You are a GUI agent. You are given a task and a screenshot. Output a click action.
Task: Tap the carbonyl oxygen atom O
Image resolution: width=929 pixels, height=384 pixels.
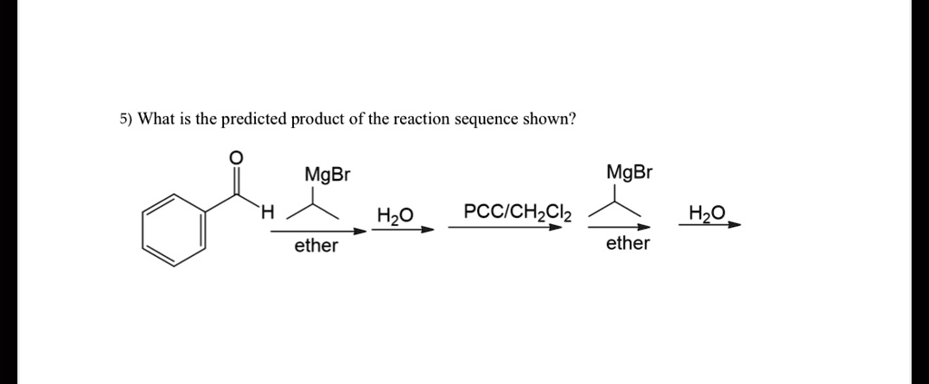tap(236, 156)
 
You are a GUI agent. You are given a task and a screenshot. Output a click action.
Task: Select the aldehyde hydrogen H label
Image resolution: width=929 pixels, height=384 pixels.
tap(268, 211)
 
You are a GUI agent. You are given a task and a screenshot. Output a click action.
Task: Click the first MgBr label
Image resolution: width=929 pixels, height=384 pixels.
tap(327, 175)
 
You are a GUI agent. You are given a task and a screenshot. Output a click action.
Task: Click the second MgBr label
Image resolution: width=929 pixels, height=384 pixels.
tap(630, 172)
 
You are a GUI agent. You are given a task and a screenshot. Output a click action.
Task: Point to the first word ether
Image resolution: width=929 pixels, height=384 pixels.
tap(317, 245)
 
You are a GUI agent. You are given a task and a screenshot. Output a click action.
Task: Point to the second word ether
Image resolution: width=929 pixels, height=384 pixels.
tap(628, 243)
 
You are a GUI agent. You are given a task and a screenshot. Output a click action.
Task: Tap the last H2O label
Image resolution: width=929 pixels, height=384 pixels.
tap(707, 212)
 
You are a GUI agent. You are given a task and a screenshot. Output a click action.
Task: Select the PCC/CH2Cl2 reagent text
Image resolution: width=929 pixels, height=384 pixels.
tap(518, 212)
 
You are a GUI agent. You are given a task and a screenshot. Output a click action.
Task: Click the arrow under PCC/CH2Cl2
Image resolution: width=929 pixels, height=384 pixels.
tap(504, 227)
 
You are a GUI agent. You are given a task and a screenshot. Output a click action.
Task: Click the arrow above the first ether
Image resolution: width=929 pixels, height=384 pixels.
tap(319, 231)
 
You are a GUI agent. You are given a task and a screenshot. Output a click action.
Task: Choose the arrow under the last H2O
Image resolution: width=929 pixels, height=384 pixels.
tap(709, 224)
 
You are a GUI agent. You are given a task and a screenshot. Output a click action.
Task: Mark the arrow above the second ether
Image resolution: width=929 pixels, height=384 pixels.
tap(619, 227)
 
